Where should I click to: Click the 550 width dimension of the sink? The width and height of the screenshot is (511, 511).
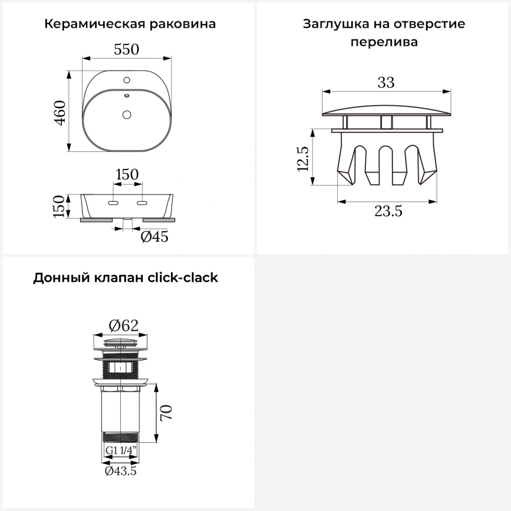(x=126, y=50)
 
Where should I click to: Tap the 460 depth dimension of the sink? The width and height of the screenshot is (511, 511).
(x=60, y=113)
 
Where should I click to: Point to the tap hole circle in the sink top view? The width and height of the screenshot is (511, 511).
(x=127, y=80)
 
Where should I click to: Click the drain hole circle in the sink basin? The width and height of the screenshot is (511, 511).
(x=127, y=114)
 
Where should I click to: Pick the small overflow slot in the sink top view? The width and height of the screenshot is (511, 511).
(x=127, y=96)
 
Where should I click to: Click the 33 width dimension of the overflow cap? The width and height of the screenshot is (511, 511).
(x=386, y=82)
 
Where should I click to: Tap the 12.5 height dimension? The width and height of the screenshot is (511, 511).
(x=303, y=159)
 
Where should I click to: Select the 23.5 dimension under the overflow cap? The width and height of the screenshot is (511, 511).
(x=388, y=211)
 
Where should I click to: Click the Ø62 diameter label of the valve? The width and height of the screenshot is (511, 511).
(x=124, y=326)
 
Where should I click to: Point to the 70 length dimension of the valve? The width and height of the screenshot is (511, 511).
(x=167, y=413)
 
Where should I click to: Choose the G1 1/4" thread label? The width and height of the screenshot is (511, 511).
(x=121, y=450)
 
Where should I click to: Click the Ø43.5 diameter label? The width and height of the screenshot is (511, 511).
(x=121, y=471)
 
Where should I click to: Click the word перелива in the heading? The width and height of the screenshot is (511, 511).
(x=384, y=42)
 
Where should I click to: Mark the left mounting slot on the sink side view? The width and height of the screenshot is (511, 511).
(x=113, y=203)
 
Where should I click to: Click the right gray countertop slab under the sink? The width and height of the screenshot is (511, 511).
(x=159, y=220)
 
